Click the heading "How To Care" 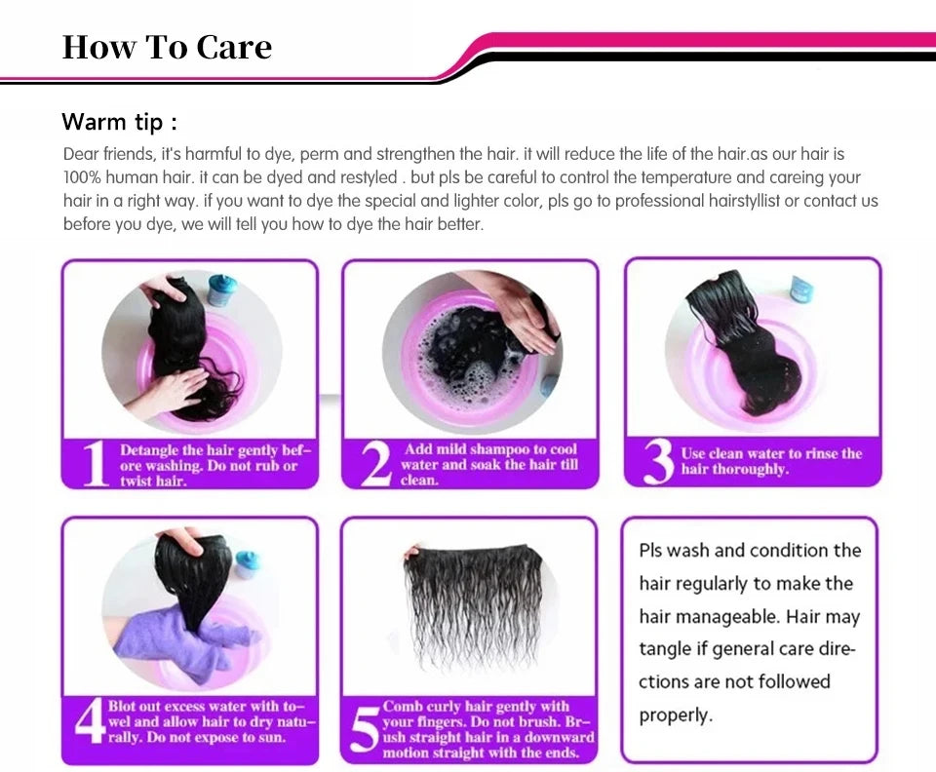(x=167, y=47)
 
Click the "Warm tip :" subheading (x=119, y=122)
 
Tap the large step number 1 (x=94, y=464)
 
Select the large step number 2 (x=376, y=464)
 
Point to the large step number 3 (x=659, y=462)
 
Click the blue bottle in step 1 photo (x=222, y=290)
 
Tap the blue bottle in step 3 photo (x=799, y=289)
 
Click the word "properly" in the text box (x=676, y=715)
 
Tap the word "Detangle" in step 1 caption (x=148, y=450)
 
